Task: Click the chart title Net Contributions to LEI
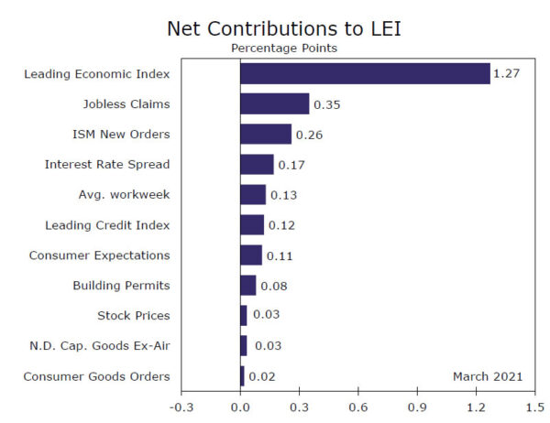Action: [283, 28]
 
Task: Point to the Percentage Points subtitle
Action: [283, 48]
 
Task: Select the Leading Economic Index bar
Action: [365, 73]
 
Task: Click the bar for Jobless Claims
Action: [274, 103]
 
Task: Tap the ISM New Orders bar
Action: [266, 134]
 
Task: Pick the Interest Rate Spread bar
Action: [257, 164]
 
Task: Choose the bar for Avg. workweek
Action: [253, 194]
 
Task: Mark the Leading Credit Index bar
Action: [252, 224]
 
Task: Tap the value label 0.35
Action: [326, 104]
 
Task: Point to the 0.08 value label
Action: [273, 286]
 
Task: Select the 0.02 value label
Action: [261, 376]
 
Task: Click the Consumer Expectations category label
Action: [99, 255]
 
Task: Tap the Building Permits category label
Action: [121, 285]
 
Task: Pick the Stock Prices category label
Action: [133, 315]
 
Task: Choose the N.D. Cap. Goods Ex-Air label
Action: [100, 345]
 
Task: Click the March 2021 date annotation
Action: [488, 375]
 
